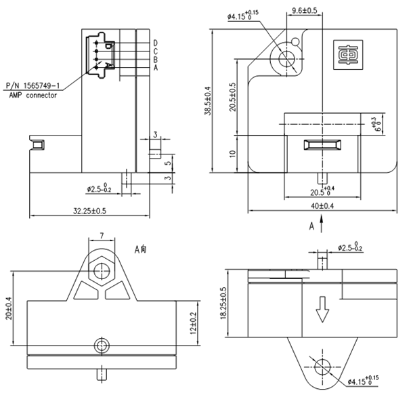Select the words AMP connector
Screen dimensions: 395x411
click(x=33, y=96)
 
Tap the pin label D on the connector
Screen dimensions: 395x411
click(x=156, y=44)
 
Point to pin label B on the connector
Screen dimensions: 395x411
click(x=156, y=60)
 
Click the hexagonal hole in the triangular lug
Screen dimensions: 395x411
click(x=102, y=272)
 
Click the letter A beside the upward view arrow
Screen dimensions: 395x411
click(x=311, y=226)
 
